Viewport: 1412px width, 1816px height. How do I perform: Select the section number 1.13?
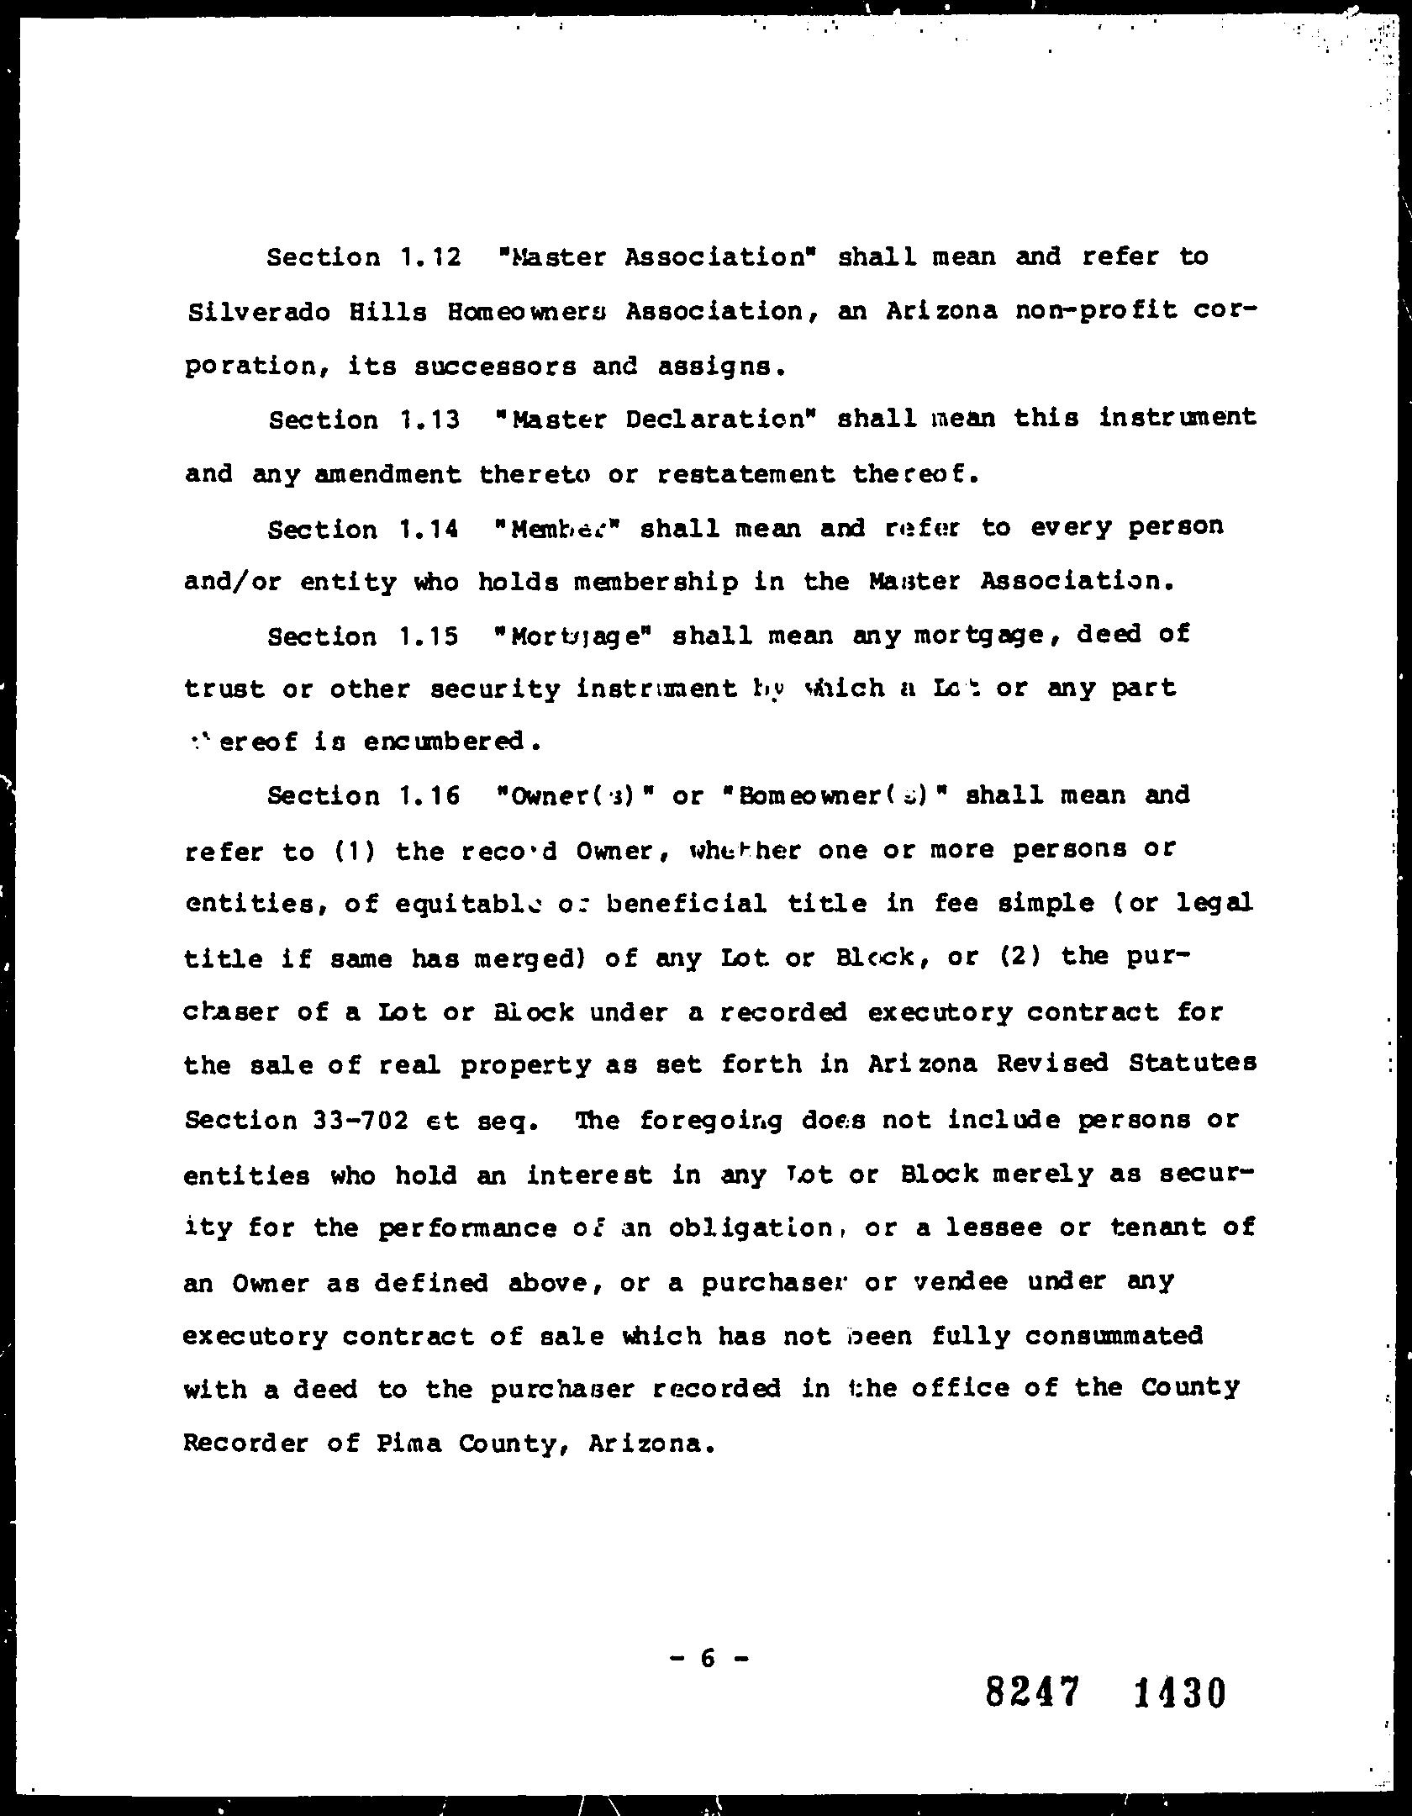429,420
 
